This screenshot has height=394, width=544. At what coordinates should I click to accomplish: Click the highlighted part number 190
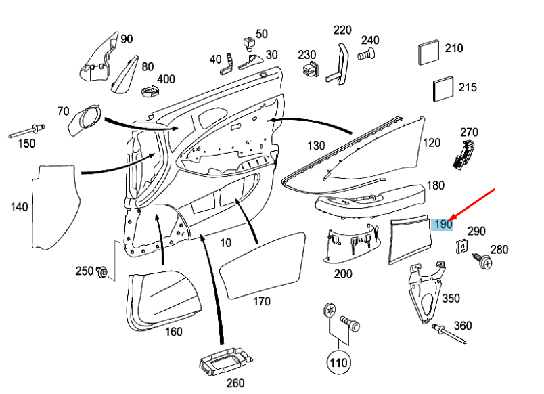point(443,224)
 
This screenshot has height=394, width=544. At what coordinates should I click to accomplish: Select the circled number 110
point(338,362)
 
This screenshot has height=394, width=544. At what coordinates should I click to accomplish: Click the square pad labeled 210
point(430,51)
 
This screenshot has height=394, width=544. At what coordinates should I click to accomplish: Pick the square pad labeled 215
point(444,89)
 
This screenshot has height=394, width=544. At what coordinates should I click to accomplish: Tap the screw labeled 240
point(366,52)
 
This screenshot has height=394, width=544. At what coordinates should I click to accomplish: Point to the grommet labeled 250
point(103,272)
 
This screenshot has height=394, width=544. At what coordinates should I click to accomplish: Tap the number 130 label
point(316,146)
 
